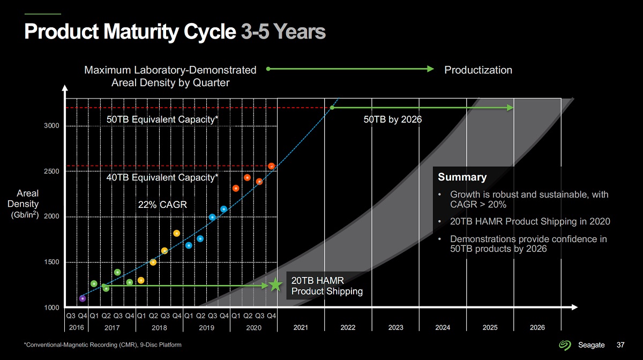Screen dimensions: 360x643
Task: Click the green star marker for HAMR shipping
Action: [275, 285]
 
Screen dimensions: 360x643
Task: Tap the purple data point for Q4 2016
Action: [83, 298]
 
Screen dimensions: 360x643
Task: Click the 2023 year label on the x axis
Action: [395, 328]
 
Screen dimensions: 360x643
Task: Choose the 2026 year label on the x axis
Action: [537, 328]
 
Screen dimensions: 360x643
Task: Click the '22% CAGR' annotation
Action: [162, 204]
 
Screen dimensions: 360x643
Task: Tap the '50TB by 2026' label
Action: [393, 119]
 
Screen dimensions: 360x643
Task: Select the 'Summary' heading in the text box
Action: [462, 177]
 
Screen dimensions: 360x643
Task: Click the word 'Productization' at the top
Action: [478, 70]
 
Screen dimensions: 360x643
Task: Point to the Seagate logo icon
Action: [566, 344]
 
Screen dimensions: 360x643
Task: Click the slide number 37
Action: [621, 344]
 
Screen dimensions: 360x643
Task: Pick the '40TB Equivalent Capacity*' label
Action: [162, 177]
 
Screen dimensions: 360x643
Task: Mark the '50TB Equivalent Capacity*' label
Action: [162, 119]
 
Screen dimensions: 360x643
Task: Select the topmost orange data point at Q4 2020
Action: [272, 166]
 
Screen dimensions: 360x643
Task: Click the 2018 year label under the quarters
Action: [159, 328]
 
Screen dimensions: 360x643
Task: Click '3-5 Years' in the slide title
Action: [283, 31]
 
